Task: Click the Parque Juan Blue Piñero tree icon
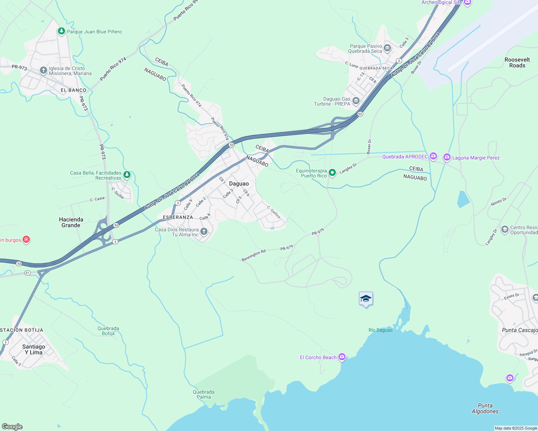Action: (x=61, y=32)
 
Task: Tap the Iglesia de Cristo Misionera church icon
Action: (x=43, y=70)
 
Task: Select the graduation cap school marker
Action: (x=366, y=299)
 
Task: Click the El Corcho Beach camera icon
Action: (x=342, y=357)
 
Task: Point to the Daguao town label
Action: (x=239, y=184)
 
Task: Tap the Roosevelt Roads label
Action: (x=517, y=62)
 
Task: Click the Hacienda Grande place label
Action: (x=71, y=222)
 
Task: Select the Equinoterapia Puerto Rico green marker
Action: (x=333, y=173)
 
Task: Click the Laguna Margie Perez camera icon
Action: (x=447, y=157)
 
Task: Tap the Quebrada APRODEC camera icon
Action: (x=433, y=156)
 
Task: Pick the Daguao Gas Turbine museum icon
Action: (x=356, y=101)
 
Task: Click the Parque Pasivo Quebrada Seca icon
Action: (x=387, y=48)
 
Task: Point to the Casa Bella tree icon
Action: (x=127, y=175)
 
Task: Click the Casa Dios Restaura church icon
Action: (x=204, y=232)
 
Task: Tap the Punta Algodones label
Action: (x=485, y=408)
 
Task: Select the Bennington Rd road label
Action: (x=253, y=255)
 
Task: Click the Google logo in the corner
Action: (x=12, y=426)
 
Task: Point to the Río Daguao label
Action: (x=380, y=330)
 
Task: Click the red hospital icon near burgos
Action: (x=26, y=240)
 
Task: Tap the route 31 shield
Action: (x=27, y=273)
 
